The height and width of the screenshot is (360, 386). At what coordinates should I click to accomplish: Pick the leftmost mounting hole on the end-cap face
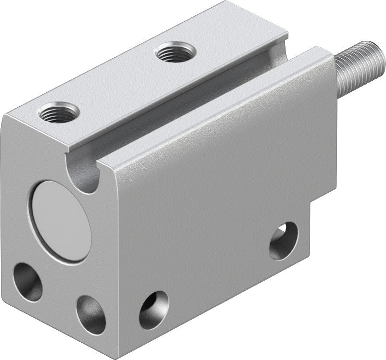pos(27,282)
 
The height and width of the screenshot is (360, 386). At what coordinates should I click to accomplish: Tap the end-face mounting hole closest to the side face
pos(91,314)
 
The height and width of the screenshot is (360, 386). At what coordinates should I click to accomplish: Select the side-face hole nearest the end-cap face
pos(154,310)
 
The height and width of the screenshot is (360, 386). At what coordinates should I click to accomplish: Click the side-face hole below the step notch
pos(283,240)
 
